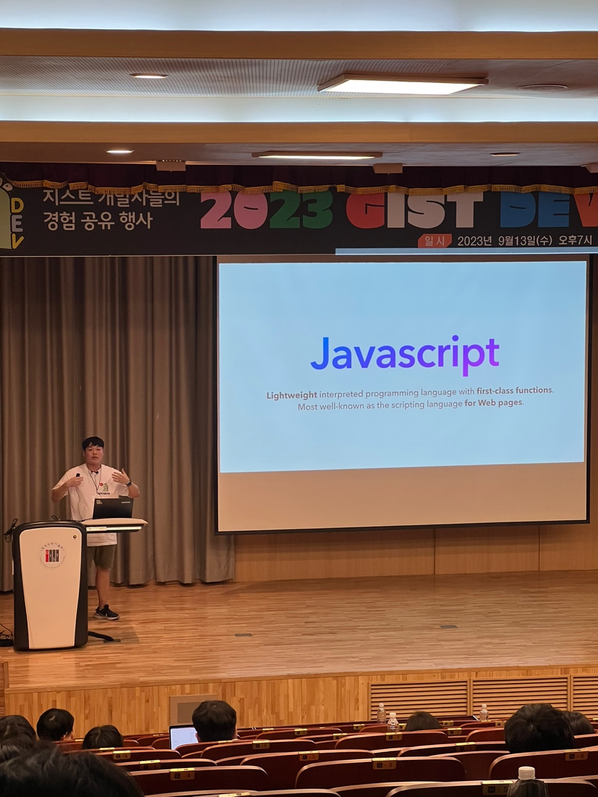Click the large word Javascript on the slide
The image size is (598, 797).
(405, 354)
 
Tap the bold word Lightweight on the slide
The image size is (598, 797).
(292, 395)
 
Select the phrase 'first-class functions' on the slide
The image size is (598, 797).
(514, 390)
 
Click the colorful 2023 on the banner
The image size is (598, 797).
(266, 210)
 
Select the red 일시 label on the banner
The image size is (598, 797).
(434, 241)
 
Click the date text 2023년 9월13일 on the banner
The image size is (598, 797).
(503, 241)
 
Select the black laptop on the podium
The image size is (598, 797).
(113, 508)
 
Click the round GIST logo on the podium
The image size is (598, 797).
(51, 555)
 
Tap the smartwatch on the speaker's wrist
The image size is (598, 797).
(129, 483)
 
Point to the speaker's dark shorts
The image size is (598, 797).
(102, 557)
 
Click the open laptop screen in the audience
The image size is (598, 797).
(183, 736)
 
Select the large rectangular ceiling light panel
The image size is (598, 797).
(402, 84)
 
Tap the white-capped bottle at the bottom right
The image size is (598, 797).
(526, 780)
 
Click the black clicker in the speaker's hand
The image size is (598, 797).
(78, 475)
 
